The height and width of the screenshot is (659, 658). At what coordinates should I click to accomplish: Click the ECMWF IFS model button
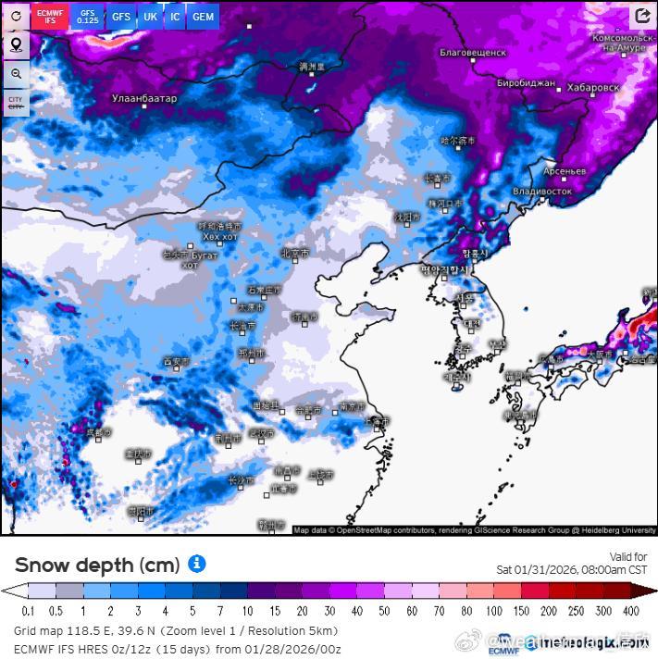pyautogui.click(x=50, y=17)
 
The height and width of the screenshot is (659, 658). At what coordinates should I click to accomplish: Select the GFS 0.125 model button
pyautogui.click(x=87, y=17)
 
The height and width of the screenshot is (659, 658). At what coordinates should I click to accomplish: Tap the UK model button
pyautogui.click(x=150, y=17)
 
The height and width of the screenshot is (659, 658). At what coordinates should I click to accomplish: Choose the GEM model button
pyautogui.click(x=203, y=17)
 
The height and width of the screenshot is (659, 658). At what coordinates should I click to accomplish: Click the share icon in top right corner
pyautogui.click(x=642, y=17)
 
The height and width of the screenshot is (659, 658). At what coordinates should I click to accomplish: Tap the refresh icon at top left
pyautogui.click(x=16, y=17)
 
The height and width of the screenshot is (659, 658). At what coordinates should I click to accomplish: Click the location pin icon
pyautogui.click(x=16, y=45)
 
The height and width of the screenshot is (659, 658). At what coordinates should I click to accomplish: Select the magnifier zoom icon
pyautogui.click(x=16, y=74)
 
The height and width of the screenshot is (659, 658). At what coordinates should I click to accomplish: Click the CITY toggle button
pyautogui.click(x=16, y=103)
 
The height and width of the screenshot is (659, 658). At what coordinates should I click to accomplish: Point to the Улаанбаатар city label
pyautogui.click(x=143, y=98)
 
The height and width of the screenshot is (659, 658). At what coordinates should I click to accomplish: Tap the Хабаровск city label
pyautogui.click(x=592, y=87)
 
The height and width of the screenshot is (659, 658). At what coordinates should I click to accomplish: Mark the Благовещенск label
pyautogui.click(x=472, y=53)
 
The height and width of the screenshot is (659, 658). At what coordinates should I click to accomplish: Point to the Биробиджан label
pyautogui.click(x=526, y=83)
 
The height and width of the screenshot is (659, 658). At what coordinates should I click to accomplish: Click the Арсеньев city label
pyautogui.click(x=565, y=172)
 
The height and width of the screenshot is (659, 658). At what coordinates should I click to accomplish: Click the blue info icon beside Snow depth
pyautogui.click(x=196, y=564)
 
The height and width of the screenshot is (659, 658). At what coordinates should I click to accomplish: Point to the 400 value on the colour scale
pyautogui.click(x=631, y=611)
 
